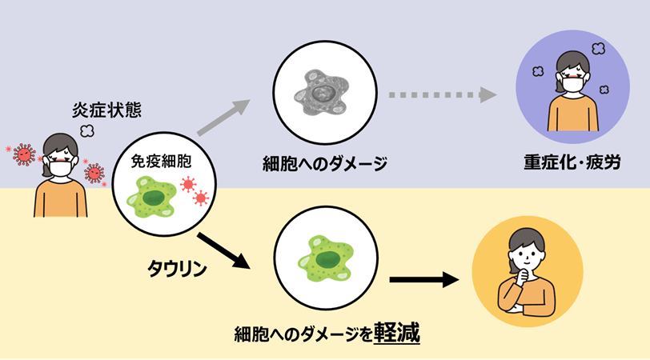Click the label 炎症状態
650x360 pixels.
pos(107,110)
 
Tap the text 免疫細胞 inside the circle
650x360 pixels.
pos(161,161)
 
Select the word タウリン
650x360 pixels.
pos(177,269)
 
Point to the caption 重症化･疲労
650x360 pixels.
pos(572,162)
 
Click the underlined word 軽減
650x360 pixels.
pos(397,333)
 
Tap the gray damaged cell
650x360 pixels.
pos(321,92)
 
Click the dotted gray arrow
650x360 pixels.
pos(443,95)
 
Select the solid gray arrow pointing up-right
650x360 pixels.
pos(223,118)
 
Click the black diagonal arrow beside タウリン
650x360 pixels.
pos(223,251)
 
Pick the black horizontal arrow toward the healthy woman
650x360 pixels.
pos(424,280)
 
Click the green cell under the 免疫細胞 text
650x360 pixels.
pos(152,197)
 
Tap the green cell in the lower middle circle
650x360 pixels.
pos(326,258)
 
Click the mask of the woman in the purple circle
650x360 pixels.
pos(572,84)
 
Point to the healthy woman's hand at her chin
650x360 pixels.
pos(522,275)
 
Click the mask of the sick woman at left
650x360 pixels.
pos(61,169)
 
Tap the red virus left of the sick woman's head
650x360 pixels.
pos(24,154)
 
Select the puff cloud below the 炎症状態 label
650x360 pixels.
pos(87,131)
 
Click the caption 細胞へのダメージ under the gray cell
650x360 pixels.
pos(325,164)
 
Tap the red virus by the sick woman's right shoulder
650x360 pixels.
pos(94,173)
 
